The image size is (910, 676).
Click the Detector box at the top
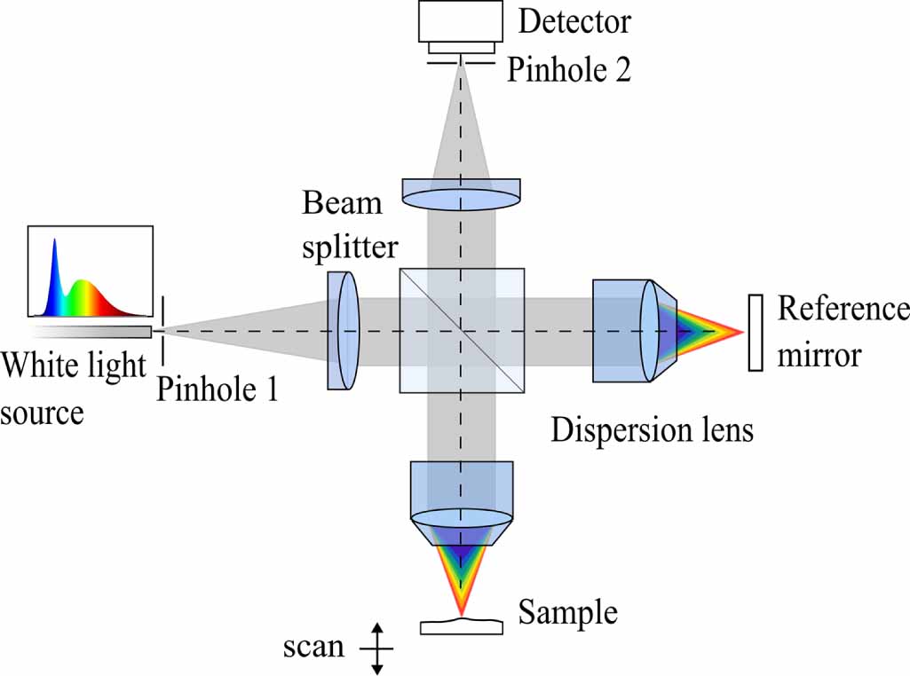tap(461, 21)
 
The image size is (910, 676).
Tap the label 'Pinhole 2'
tap(569, 70)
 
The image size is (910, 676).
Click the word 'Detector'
tap(574, 21)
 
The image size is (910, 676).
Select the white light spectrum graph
tap(90, 272)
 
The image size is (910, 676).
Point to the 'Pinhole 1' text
tap(218, 389)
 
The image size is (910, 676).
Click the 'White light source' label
tap(71, 389)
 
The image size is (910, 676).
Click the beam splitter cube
tap(462, 330)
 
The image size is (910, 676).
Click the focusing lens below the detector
tap(461, 194)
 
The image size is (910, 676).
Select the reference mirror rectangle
tap(756, 332)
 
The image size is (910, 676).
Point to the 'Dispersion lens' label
tap(652, 431)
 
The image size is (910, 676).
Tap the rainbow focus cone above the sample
tap(461, 568)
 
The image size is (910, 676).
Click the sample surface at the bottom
tap(461, 625)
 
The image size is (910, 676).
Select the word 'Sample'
tap(568, 612)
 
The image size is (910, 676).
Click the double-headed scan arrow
tap(376, 648)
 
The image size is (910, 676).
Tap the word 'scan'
tap(313, 647)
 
